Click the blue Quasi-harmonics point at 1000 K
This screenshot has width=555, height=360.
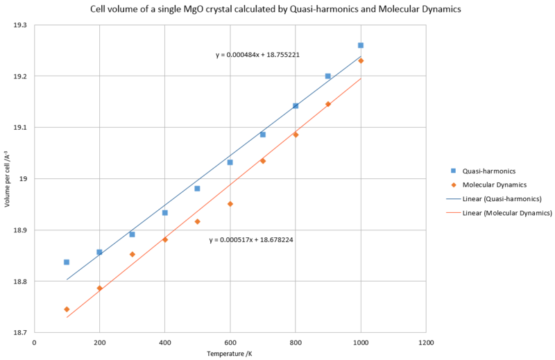coord(361,45)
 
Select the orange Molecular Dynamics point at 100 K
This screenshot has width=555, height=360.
coord(67,309)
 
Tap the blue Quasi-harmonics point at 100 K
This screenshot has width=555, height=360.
coord(67,262)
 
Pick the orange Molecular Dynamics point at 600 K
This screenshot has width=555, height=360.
coord(230,204)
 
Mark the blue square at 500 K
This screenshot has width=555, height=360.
coord(197,189)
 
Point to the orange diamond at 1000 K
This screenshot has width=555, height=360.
coord(361,61)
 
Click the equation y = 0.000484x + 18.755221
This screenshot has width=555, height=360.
coord(257,54)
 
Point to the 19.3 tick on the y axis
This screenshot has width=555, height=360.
coord(22,25)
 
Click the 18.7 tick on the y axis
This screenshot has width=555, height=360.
coord(22,333)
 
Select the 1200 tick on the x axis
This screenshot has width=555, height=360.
coord(426,343)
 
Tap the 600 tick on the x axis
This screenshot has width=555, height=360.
coord(230,343)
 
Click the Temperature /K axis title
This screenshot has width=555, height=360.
coord(230,354)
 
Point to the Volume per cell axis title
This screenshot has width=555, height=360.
coord(6,179)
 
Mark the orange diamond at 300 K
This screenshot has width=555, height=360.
coord(132,255)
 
